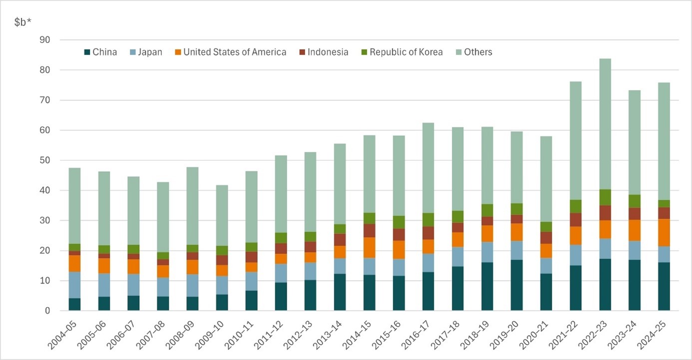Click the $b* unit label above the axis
pos(23,22)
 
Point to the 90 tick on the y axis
pos(51,40)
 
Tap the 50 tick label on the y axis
pos(51,160)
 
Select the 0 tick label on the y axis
pos(54,311)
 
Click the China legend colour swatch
pos(87,52)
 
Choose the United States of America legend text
pos(235,52)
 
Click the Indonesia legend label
pos(328,52)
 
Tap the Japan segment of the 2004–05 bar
pos(74,285)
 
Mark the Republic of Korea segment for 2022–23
pos(605,197)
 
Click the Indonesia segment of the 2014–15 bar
pos(369,230)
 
